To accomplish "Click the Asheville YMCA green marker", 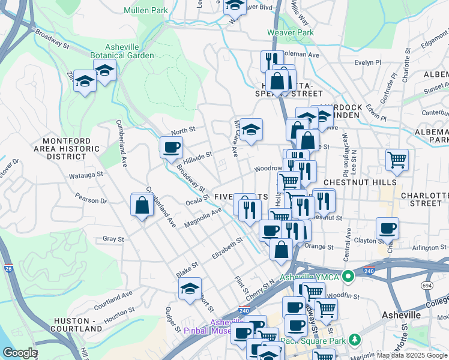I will coord(347,277).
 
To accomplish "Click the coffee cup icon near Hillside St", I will coord(171,146).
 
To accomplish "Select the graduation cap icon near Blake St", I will coord(190,288).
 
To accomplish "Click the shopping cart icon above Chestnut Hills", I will coord(397,160).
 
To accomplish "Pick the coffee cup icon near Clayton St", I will coord(387,228).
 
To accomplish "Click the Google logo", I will coord(20,353).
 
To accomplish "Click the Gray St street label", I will coord(113,239).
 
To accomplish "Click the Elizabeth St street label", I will coord(226,248).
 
